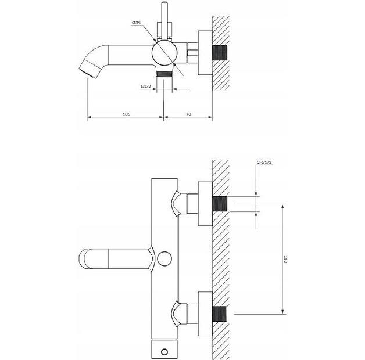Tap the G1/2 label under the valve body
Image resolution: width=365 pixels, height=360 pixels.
pyautogui.click(x=146, y=87)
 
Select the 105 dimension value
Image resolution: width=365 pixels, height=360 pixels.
pyautogui.click(x=126, y=114)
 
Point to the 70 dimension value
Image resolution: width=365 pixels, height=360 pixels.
pyautogui.click(x=188, y=114)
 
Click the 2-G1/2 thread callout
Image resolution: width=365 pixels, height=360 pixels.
pyautogui.click(x=264, y=163)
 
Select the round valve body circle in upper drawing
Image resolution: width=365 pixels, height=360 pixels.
pyautogui.click(x=163, y=53)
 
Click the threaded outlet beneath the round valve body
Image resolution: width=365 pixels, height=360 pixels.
pyautogui.click(x=164, y=73)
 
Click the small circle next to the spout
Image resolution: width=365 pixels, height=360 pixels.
pyautogui.click(x=164, y=259)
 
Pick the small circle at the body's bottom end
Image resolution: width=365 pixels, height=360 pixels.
pyautogui.click(x=164, y=352)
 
